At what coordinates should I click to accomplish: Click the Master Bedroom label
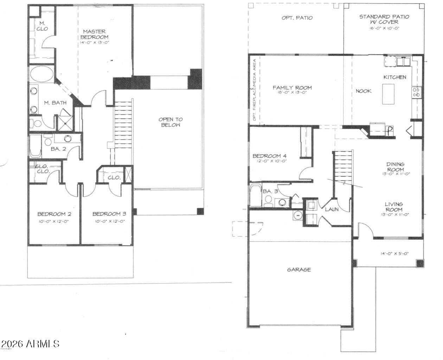click(94, 34)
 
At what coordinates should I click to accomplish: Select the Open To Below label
click(171, 122)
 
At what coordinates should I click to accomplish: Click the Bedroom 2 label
click(54, 214)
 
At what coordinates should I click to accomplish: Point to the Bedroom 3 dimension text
click(110, 221)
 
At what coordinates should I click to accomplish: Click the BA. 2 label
click(58, 149)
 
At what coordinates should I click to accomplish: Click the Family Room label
click(292, 88)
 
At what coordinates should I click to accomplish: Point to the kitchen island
click(388, 94)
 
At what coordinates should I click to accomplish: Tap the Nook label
click(364, 91)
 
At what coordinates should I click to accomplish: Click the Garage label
click(299, 270)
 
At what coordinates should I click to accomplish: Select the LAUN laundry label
click(332, 209)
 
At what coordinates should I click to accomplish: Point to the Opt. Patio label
click(297, 18)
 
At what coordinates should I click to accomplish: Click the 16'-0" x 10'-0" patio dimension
click(384, 28)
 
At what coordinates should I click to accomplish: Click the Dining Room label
click(395, 166)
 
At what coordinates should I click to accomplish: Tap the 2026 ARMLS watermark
click(30, 343)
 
